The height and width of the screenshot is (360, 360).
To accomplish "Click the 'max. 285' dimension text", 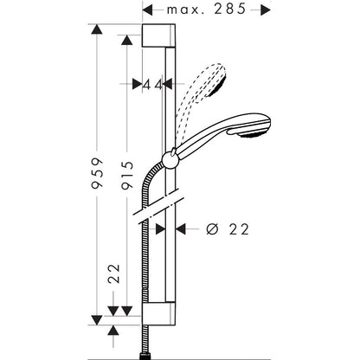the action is [x=207, y=10].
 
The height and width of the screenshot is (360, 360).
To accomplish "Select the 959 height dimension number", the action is [x=97, y=173].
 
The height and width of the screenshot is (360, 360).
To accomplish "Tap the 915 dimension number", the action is [x=127, y=175].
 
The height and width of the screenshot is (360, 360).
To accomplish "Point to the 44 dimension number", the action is [x=153, y=85].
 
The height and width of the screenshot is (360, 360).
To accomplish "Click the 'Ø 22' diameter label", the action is [x=228, y=229].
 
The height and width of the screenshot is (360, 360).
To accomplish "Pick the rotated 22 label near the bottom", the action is [x=113, y=273].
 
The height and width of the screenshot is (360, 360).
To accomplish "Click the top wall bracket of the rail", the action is [x=158, y=35].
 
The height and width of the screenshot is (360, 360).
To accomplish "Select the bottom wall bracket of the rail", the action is [x=158, y=314].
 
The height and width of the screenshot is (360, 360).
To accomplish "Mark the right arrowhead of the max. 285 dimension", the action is [x=266, y=10].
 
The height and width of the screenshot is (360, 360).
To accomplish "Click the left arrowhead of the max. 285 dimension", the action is [x=147, y=10].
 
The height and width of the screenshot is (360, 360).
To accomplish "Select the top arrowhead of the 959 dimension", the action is [x=97, y=29].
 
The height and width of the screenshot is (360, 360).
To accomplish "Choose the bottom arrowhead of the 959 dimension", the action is [x=97, y=320].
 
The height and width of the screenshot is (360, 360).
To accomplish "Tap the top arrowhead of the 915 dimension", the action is [x=127, y=40].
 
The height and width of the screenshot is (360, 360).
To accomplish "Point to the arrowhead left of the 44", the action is [x=138, y=84].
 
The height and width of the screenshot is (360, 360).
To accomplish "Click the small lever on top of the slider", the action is [x=172, y=152].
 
